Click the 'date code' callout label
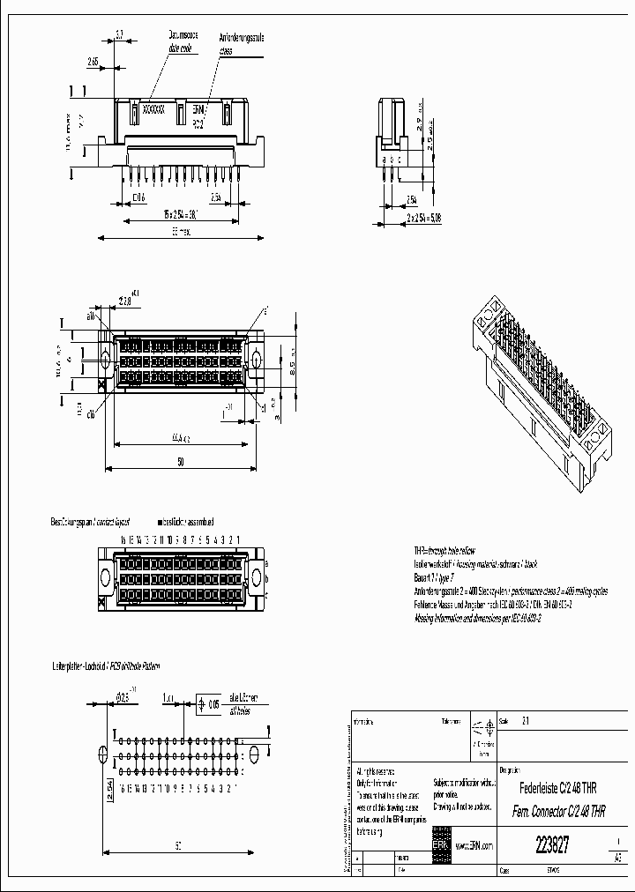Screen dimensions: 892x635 [181, 52]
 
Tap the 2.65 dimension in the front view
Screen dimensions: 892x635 [93, 62]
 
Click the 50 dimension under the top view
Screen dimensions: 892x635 [180, 462]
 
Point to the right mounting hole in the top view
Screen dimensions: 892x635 [256, 359]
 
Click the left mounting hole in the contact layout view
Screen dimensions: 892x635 [106, 578]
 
